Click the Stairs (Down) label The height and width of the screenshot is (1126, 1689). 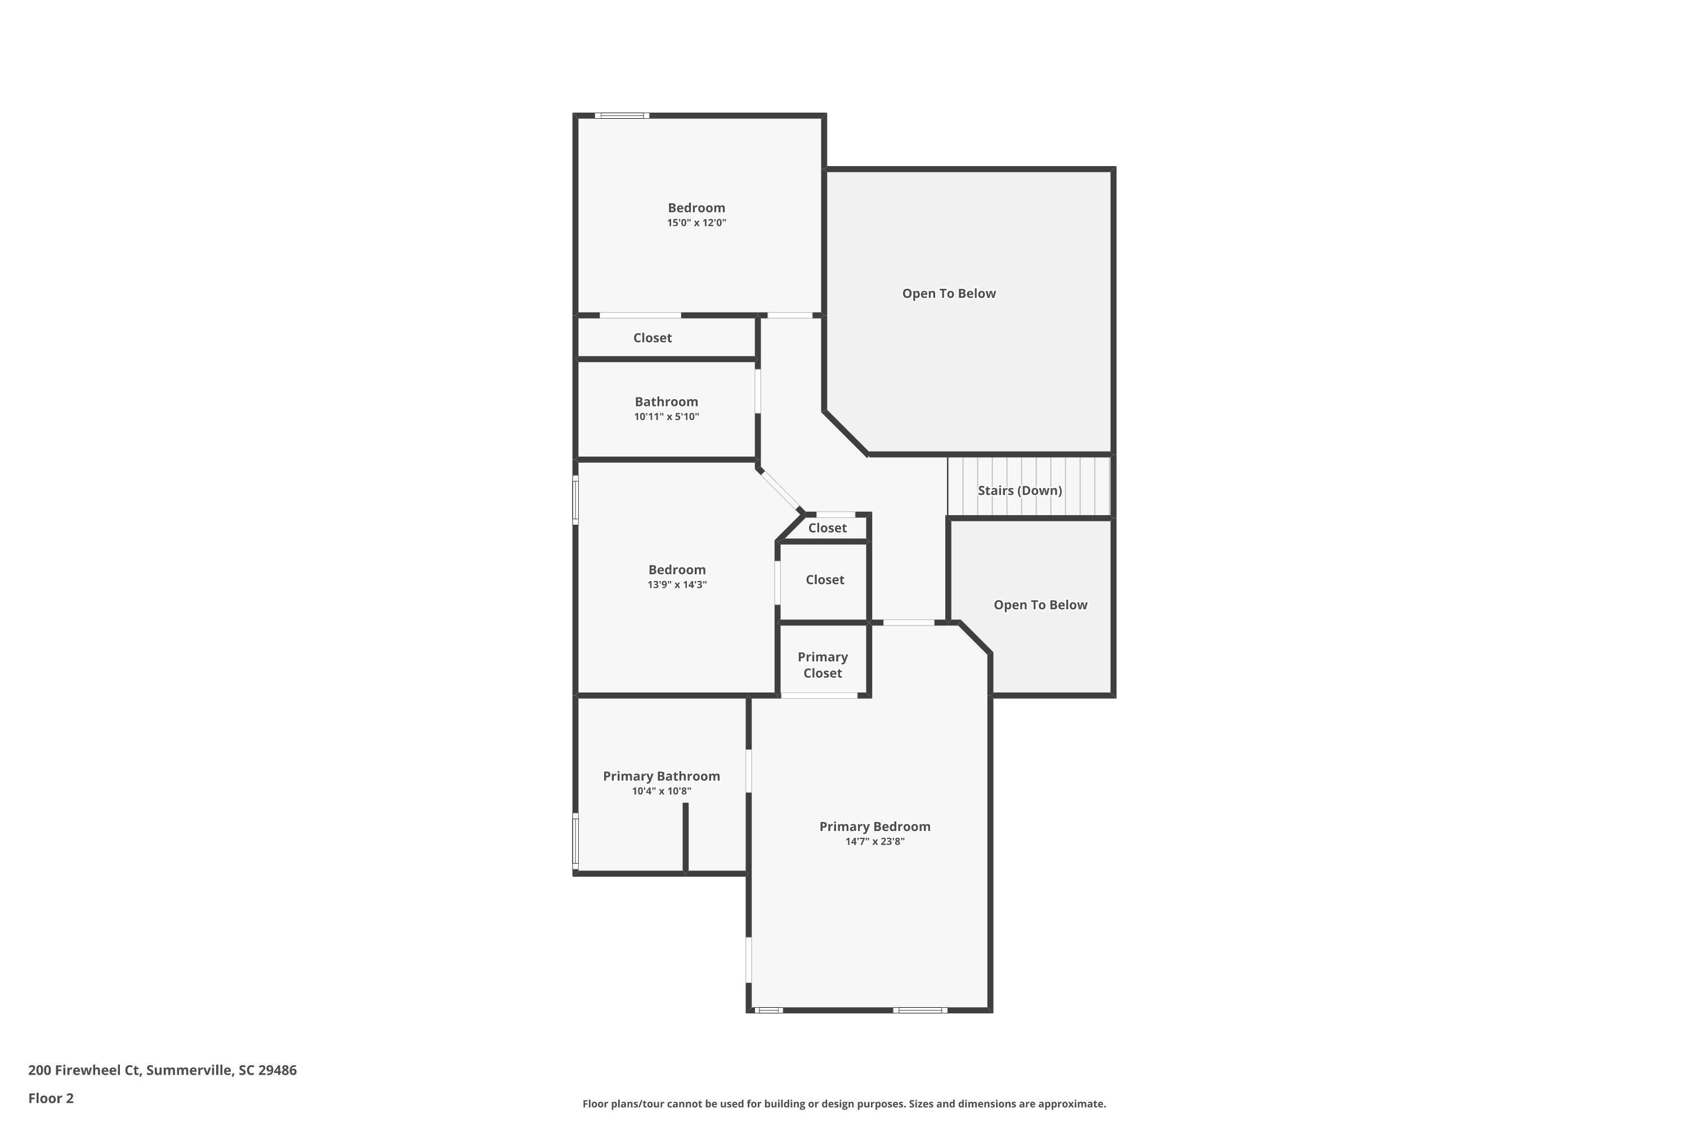(1020, 490)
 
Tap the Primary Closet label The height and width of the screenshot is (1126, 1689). (823, 665)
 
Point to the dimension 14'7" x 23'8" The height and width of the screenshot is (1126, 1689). (875, 842)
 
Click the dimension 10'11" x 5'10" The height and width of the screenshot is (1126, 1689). (667, 417)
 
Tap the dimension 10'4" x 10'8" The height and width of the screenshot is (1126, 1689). (662, 792)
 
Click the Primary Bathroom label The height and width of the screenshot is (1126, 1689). (662, 776)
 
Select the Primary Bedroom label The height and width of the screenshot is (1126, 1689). (875, 826)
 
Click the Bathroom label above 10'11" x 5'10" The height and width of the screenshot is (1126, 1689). (667, 401)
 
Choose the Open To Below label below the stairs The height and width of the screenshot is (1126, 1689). (1040, 605)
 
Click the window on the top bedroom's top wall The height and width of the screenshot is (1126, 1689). (622, 115)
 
